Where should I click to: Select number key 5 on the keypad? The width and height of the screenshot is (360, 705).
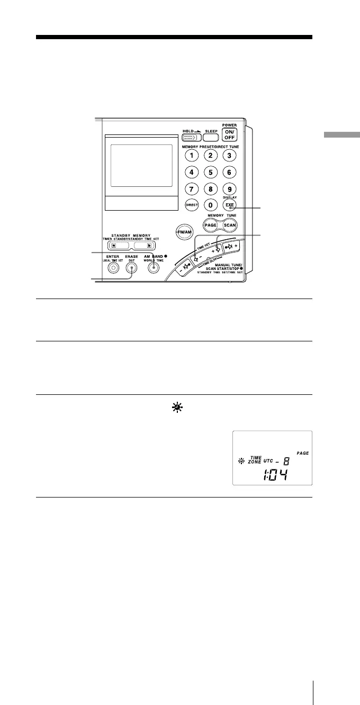pos(210,172)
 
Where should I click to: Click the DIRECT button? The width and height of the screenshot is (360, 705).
pos(192,205)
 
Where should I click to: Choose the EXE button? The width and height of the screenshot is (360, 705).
pos(229,205)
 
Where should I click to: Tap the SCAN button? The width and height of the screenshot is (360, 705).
pos(229,225)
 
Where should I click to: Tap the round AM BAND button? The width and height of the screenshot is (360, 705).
pos(153,268)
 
